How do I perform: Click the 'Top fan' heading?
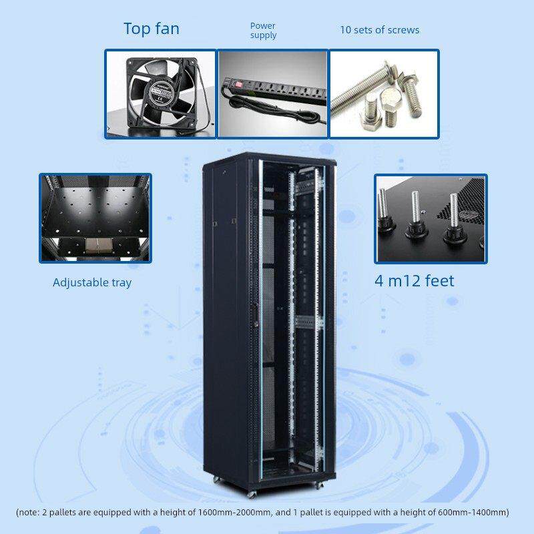click(x=152, y=29)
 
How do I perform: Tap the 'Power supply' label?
click(x=263, y=31)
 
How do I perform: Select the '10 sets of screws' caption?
click(x=380, y=30)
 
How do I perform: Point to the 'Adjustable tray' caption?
click(x=92, y=282)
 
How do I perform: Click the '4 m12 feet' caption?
click(x=415, y=281)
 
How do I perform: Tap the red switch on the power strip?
click(x=239, y=83)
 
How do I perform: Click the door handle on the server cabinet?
click(x=255, y=315)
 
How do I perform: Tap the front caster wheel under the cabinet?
click(x=252, y=494)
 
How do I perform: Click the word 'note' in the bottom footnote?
click(x=29, y=512)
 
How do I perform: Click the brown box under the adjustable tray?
click(x=97, y=246)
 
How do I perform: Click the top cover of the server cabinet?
click(x=270, y=159)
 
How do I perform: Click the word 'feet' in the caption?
click(x=440, y=281)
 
